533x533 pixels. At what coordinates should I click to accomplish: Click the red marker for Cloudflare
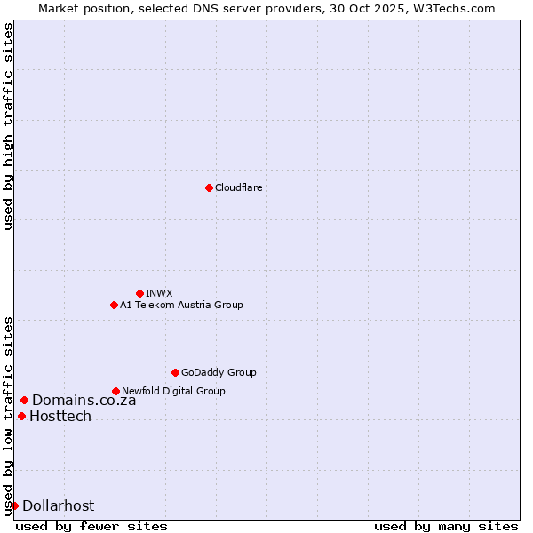tap(209, 187)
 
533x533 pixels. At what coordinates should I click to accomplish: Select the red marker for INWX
tap(139, 293)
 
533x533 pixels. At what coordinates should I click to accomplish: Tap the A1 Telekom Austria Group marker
tap(114, 305)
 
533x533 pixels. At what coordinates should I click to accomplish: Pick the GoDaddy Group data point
tap(175, 372)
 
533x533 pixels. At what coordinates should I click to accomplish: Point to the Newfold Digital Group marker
tap(115, 391)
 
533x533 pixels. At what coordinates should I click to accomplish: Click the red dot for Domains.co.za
tap(24, 400)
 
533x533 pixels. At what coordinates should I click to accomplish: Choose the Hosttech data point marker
tap(21, 416)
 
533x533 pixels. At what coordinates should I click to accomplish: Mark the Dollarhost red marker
tap(14, 505)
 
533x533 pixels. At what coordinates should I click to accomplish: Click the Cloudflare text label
tap(238, 187)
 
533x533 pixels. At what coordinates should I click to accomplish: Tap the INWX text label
tap(159, 293)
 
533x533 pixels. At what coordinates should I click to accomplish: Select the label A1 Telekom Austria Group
tap(181, 305)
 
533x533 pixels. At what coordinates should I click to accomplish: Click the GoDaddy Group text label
tap(219, 372)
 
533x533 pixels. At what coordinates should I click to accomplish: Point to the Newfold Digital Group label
tap(173, 391)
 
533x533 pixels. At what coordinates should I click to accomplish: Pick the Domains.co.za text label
tap(84, 400)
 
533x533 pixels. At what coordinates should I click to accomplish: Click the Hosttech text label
tap(60, 416)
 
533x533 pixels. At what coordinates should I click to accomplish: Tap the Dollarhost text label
tap(58, 505)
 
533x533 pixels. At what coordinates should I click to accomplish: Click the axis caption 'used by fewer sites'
tap(91, 526)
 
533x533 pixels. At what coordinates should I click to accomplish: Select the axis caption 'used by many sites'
tap(446, 526)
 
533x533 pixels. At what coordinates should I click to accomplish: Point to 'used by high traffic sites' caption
tap(8, 126)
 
